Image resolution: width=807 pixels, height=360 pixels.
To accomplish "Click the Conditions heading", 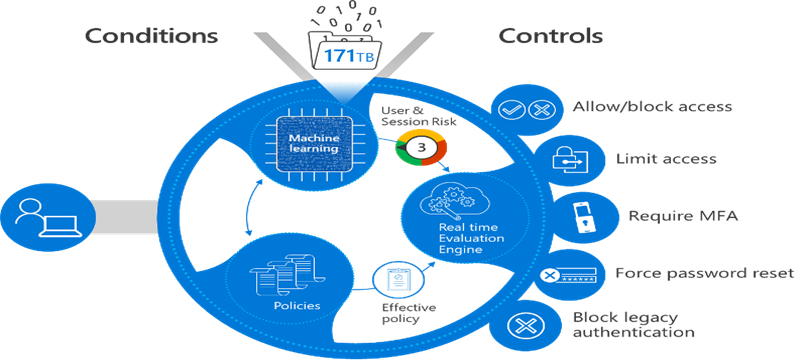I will [150, 37].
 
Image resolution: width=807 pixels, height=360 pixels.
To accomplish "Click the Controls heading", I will [551, 37].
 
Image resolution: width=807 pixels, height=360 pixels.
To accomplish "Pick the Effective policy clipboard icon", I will [392, 281].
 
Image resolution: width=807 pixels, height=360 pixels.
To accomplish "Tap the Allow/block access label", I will [651, 106].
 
